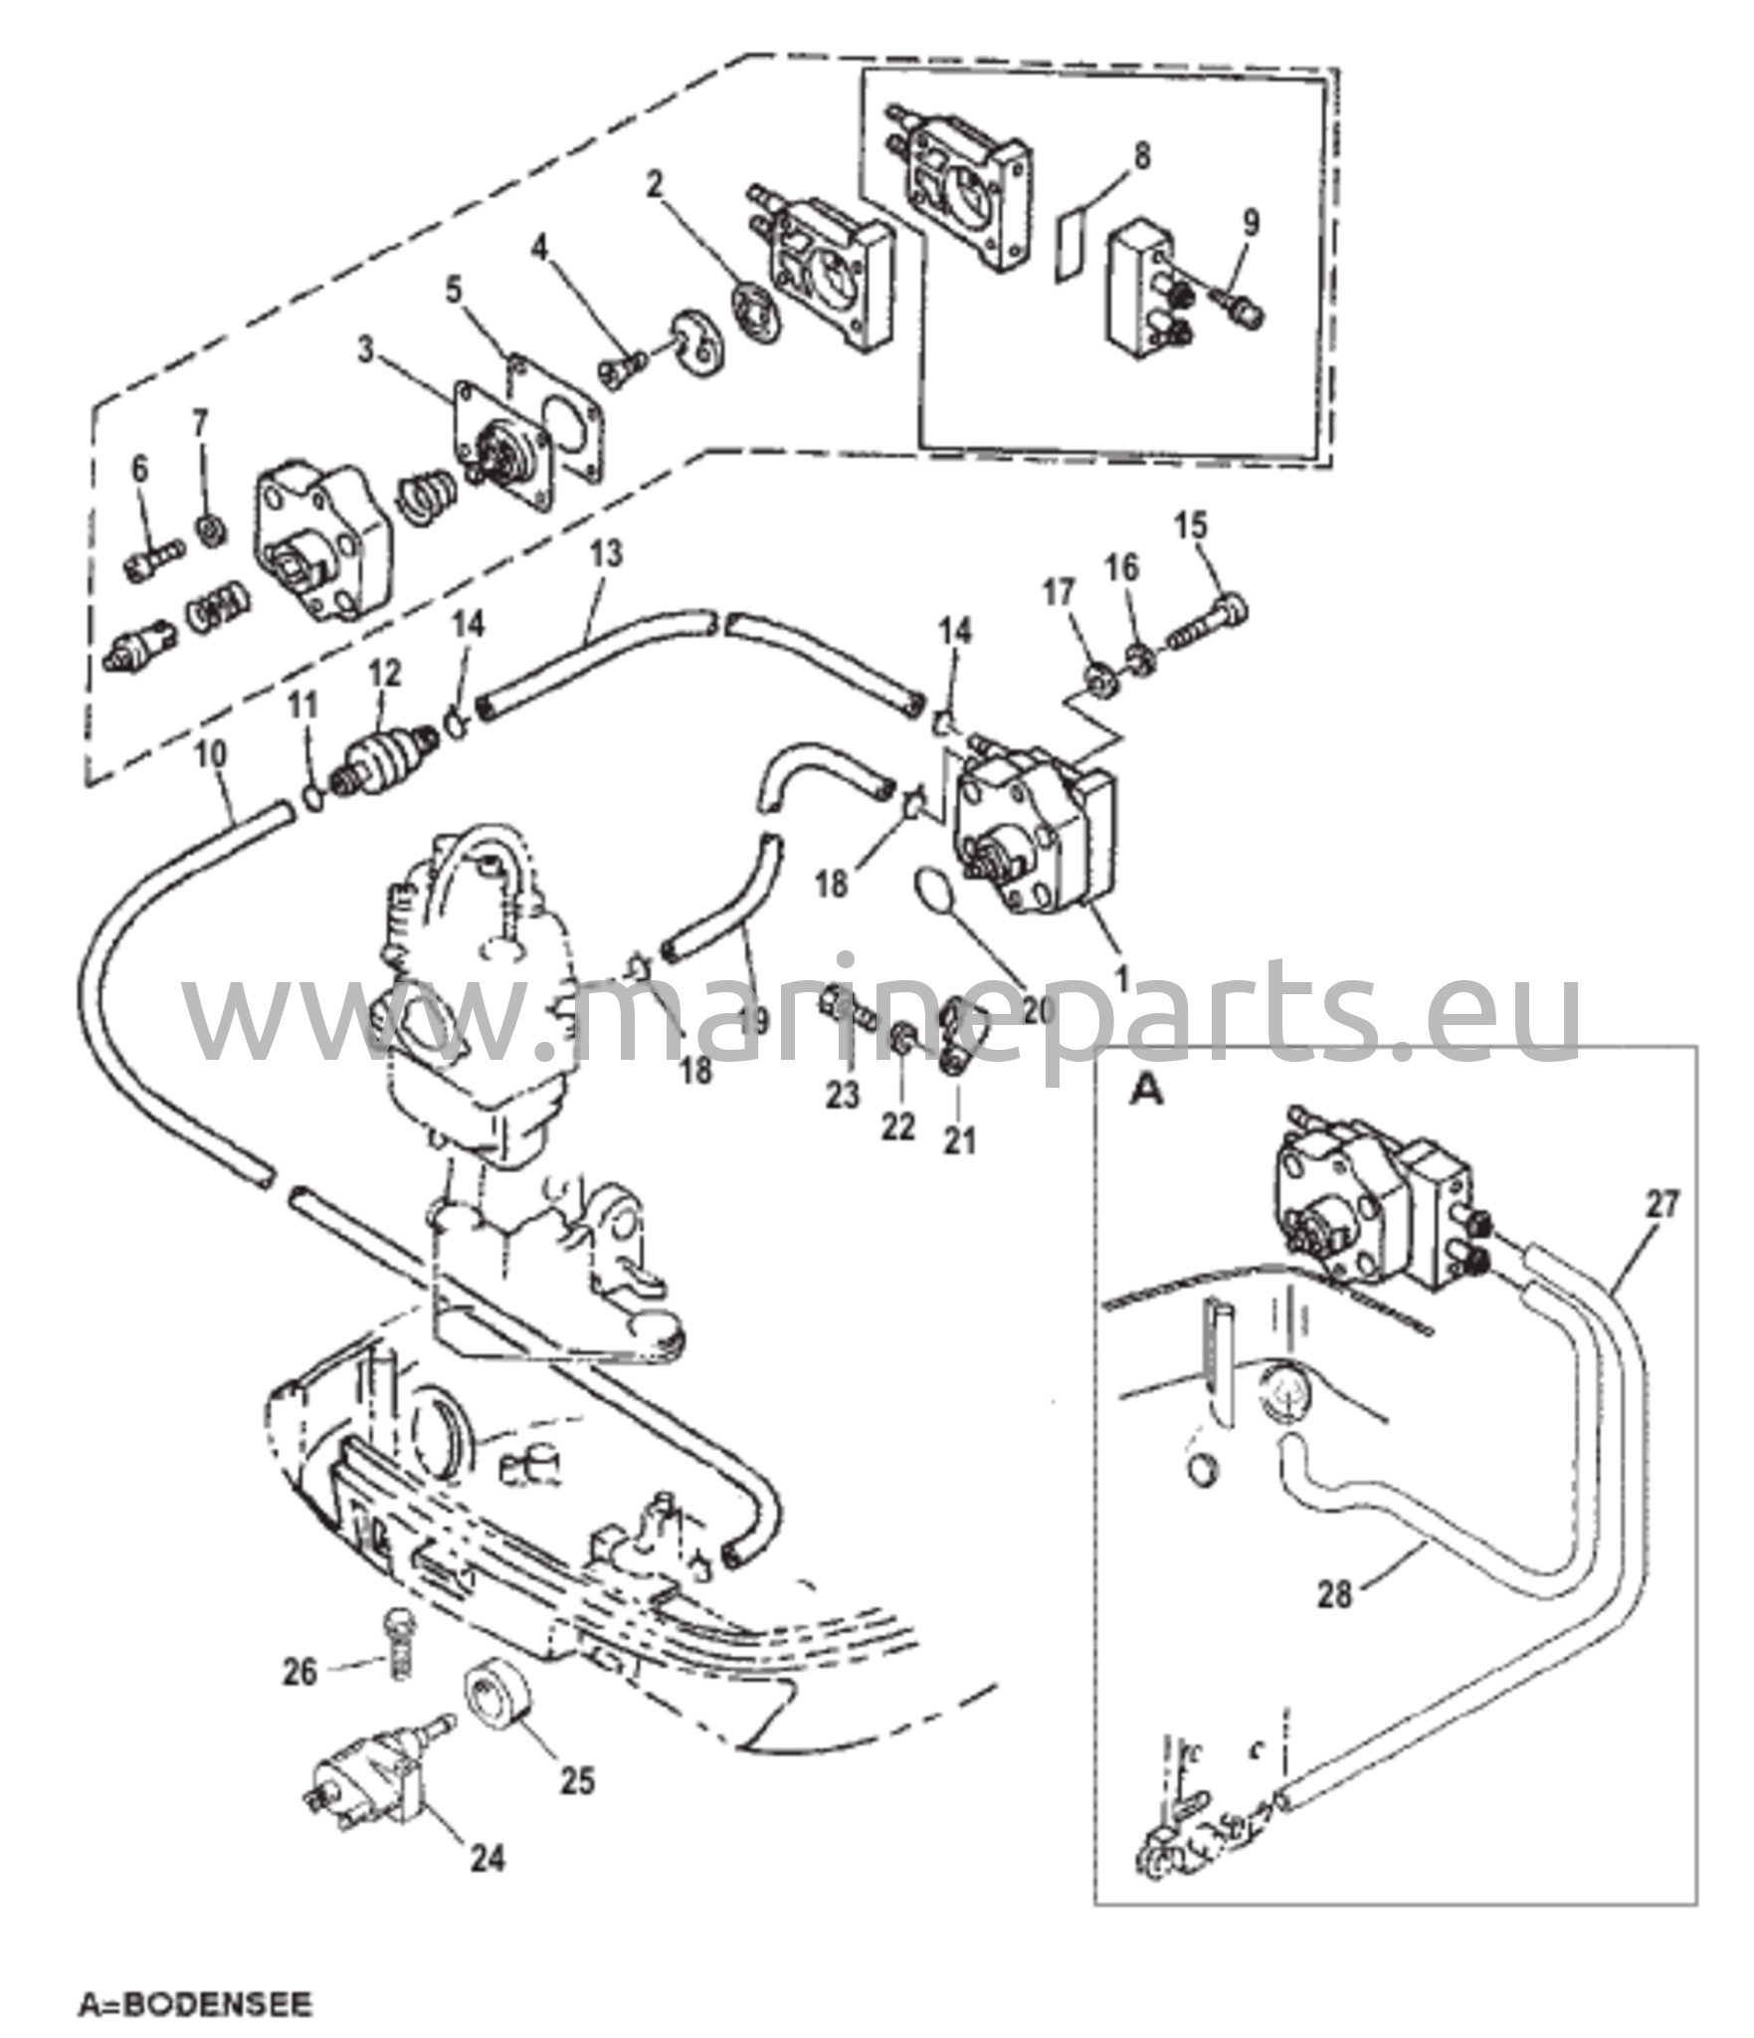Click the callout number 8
1141,157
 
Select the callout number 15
1193,523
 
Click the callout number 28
1335,1597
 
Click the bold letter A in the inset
1147,1092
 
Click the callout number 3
367,351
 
